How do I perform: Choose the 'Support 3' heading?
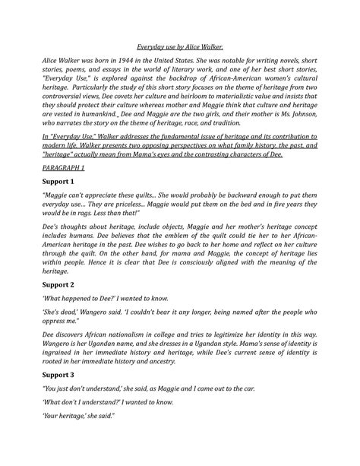pos(62,395)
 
